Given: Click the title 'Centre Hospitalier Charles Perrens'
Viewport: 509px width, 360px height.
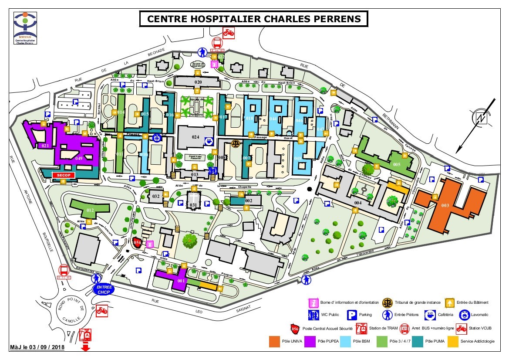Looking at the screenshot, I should click(x=254, y=19).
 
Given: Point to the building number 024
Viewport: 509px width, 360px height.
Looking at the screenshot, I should click(x=196, y=136).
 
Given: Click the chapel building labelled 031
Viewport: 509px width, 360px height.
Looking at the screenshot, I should click(x=193, y=201).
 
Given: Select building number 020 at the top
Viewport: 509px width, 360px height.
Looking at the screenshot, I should click(x=198, y=82).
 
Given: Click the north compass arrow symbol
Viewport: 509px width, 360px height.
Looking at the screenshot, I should click(x=481, y=118).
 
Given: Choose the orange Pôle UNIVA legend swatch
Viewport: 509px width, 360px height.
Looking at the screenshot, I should click(x=274, y=341).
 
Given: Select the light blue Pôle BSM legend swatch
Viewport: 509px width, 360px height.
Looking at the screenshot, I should click(x=346, y=341).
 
